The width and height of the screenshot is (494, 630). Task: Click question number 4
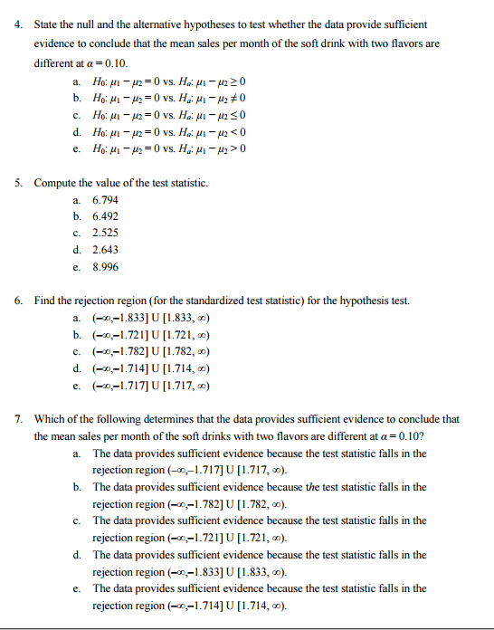click(20, 24)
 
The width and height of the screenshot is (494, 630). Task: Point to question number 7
click(20, 419)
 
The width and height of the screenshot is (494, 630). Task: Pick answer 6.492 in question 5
click(105, 216)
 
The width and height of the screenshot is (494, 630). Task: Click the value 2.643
click(105, 250)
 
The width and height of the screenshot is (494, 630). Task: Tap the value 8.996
click(105, 267)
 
